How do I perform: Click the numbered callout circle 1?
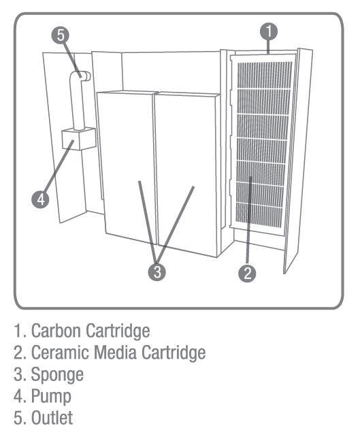coord(269,31)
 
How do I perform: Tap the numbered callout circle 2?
coord(247,273)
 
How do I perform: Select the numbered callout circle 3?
coord(157,272)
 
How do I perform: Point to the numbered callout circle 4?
coord(40,199)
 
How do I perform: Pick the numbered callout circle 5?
coord(61,35)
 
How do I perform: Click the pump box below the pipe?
coord(79,138)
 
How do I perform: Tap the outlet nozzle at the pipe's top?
coord(86,76)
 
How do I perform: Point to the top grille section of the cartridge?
coord(265,75)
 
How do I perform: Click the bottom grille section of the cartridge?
coord(259,214)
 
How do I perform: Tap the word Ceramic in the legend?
coord(60,352)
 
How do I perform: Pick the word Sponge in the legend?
coord(57,375)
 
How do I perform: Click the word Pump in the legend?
coord(51,397)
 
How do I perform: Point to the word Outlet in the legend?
coord(52,418)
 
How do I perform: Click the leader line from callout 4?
coord(59,167)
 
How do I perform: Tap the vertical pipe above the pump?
coord(77,101)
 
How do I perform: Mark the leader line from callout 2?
coord(249,220)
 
